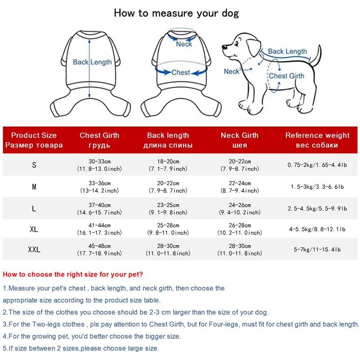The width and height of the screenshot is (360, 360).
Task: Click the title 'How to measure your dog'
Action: [176, 13]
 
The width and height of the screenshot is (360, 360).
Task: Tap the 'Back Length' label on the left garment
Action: [92, 62]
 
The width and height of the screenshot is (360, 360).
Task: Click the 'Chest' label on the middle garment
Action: [180, 72]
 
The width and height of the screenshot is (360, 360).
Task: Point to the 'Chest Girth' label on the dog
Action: [286, 76]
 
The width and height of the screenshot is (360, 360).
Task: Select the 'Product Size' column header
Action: [34, 140]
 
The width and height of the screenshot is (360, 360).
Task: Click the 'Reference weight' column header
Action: [317, 140]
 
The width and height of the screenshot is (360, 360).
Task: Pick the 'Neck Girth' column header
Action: [240, 140]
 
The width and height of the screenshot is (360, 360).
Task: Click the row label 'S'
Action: [34, 165]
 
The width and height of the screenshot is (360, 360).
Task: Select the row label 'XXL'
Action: [34, 250]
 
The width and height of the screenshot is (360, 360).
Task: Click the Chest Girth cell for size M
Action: [100, 187]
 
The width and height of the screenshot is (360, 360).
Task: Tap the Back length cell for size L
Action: [168, 208]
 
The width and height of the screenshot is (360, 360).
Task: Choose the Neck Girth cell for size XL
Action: [240, 229]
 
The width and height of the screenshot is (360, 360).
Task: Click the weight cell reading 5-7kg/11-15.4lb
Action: [317, 250]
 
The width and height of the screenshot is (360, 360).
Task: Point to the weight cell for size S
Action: [317, 165]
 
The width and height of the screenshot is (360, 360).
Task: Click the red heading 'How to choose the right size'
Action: [73, 274]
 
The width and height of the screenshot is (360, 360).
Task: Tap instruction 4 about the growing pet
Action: [92, 336]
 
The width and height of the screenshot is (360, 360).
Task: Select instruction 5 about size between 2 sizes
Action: [81, 348]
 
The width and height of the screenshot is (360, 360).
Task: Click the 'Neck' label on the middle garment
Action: [184, 44]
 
